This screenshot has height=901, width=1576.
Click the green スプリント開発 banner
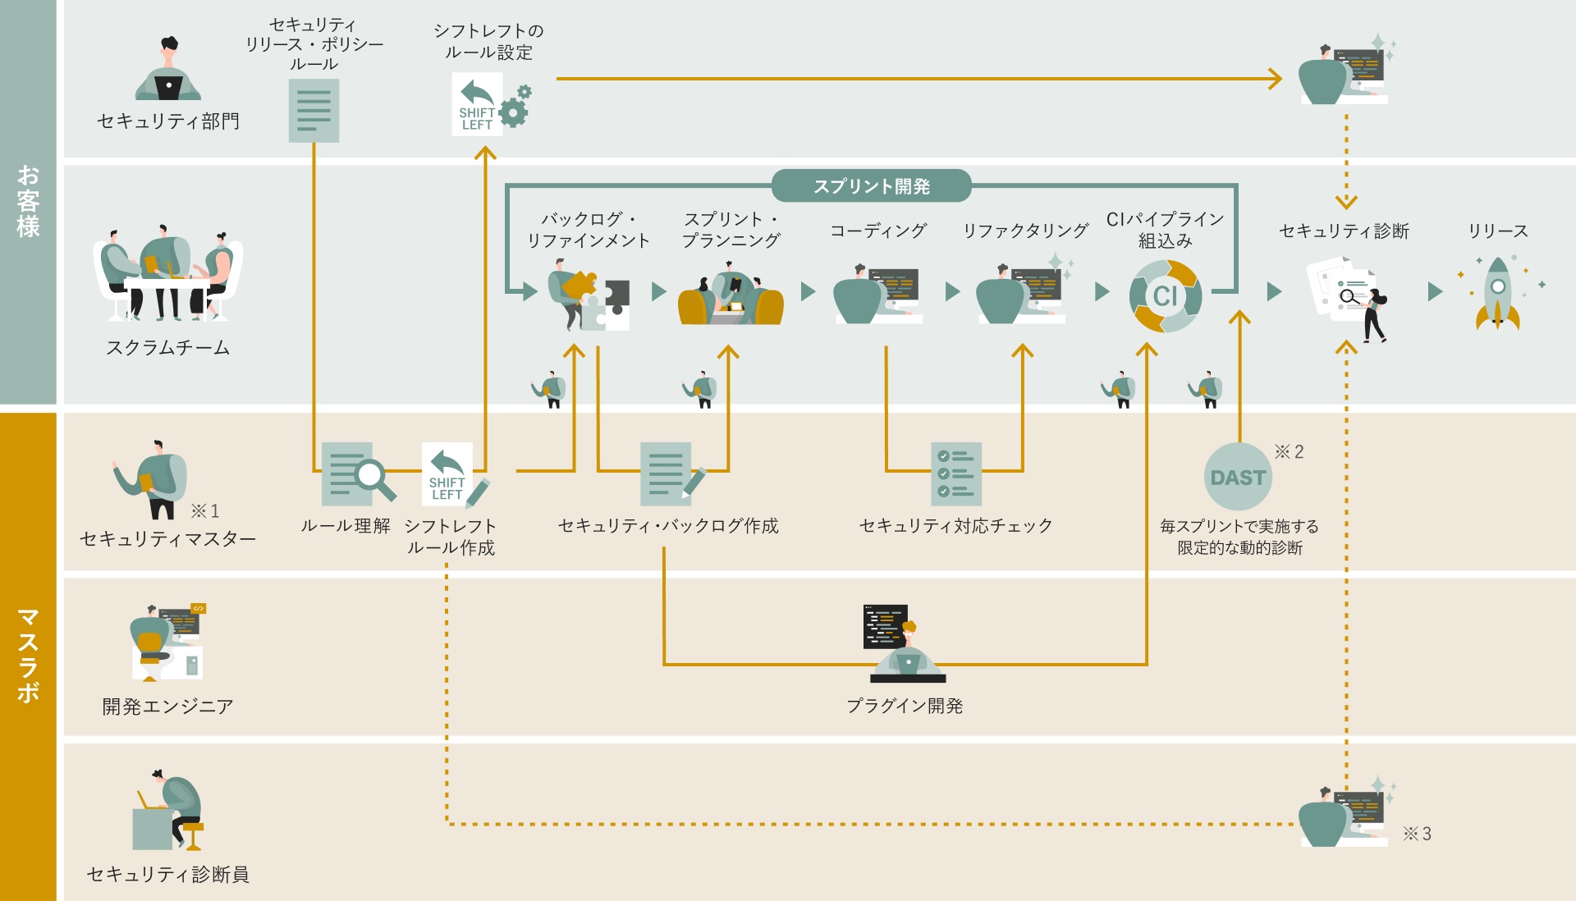point(871,186)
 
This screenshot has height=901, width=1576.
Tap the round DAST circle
point(1238,477)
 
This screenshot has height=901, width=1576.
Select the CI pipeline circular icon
point(1165,295)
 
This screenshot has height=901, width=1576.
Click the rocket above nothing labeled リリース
point(1498,293)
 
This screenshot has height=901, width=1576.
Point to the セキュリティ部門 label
point(168,121)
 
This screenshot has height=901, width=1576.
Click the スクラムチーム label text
point(168,348)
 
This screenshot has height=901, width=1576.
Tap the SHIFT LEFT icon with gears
point(491,105)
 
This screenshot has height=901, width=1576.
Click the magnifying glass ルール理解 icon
point(357,474)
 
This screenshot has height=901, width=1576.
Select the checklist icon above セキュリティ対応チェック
point(956,474)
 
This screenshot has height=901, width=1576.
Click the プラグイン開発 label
point(905,706)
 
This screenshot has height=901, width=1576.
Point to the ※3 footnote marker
point(1417,834)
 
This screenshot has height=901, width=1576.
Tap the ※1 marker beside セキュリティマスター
point(205,511)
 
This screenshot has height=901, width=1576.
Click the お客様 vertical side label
point(28,201)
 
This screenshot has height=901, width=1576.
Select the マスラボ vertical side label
point(28,655)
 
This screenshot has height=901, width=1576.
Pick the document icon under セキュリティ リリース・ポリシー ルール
point(314,111)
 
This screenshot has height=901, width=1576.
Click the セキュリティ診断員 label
point(168,875)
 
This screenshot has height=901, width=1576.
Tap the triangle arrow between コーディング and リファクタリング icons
point(952,291)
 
